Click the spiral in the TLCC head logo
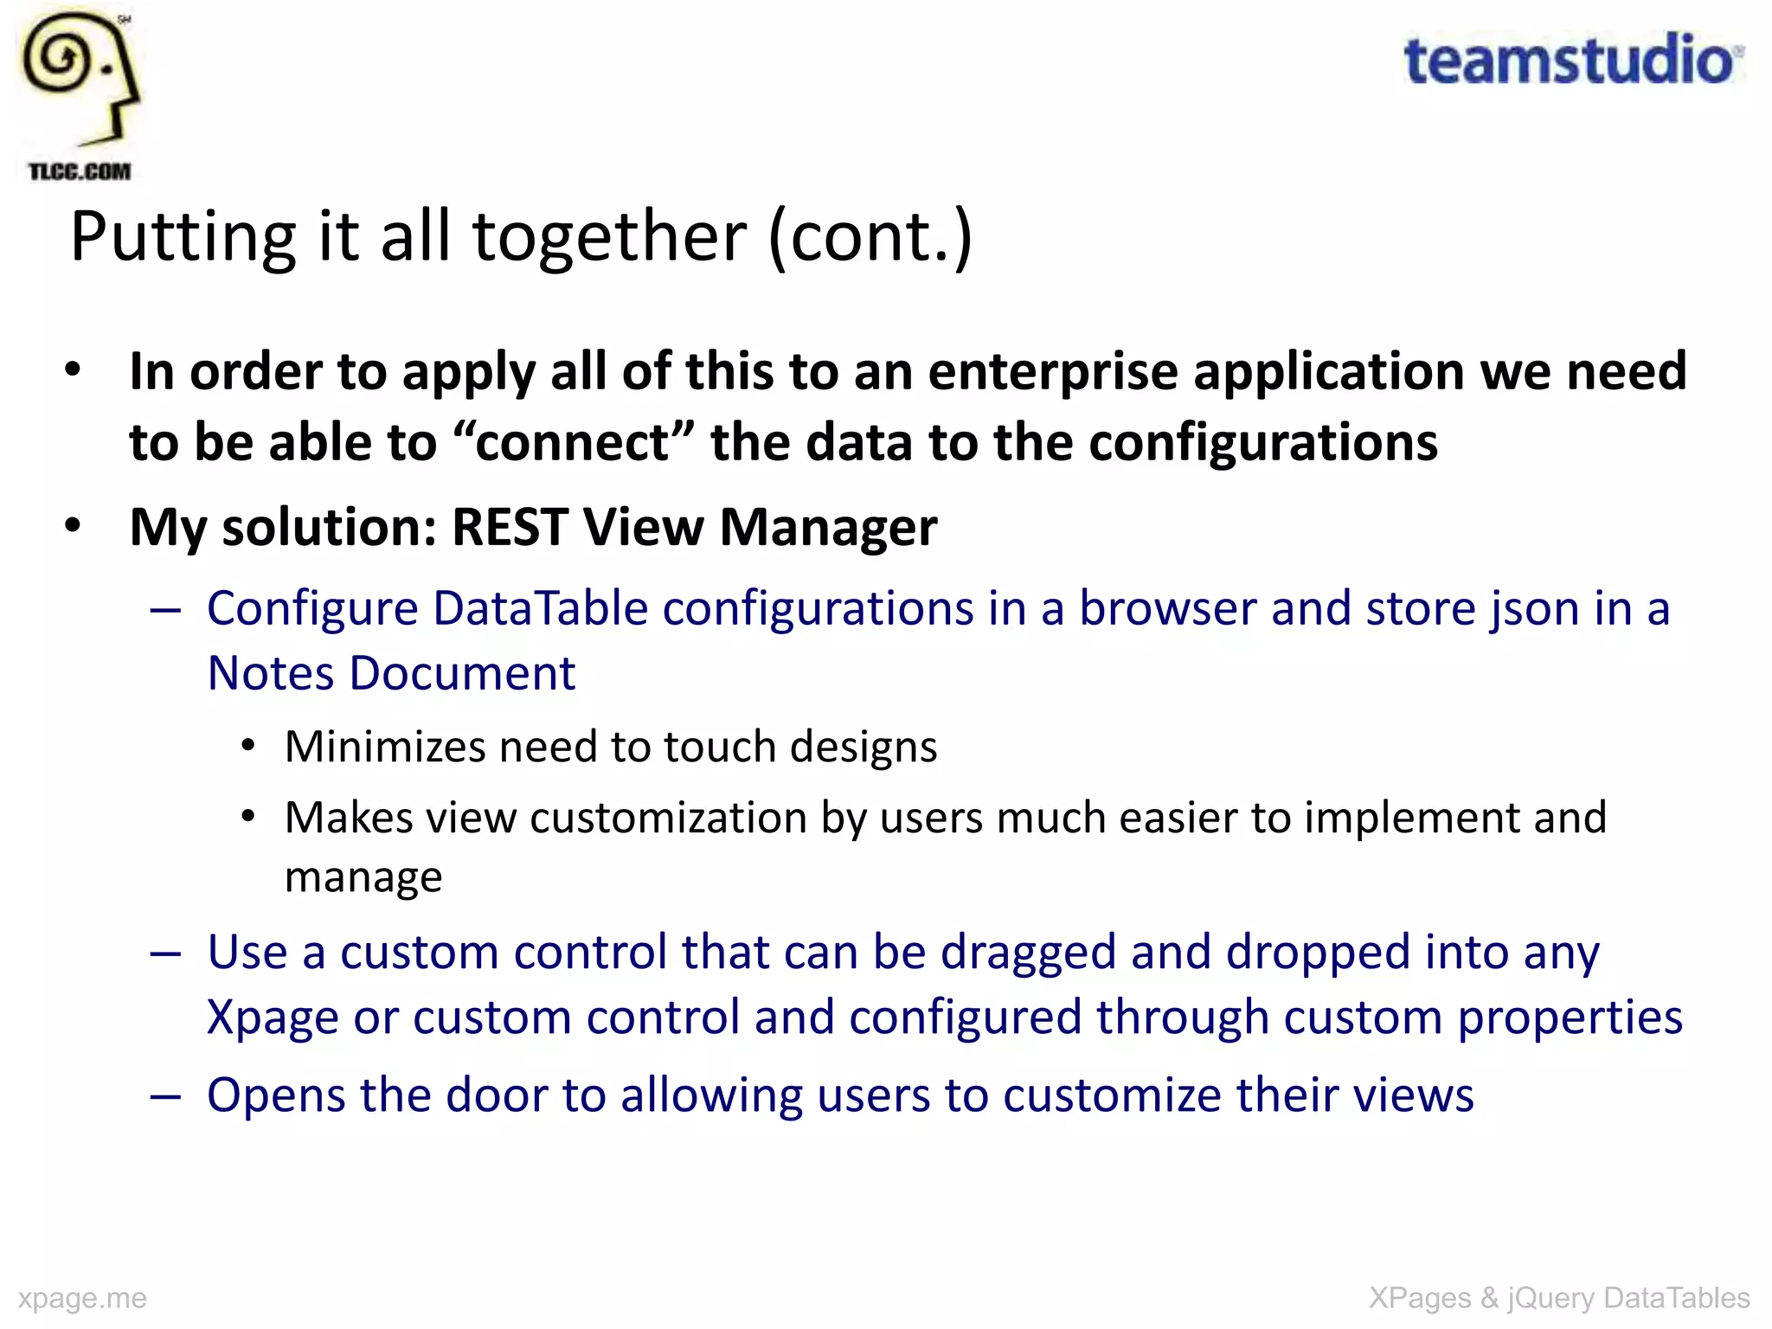tap(58, 58)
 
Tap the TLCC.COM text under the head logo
tap(80, 171)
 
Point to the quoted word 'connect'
tap(573, 442)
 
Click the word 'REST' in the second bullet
tap(510, 526)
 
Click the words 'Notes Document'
tap(391, 673)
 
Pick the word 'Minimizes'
tap(385, 746)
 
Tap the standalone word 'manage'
tap(363, 877)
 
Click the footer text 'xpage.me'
tap(82, 1298)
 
